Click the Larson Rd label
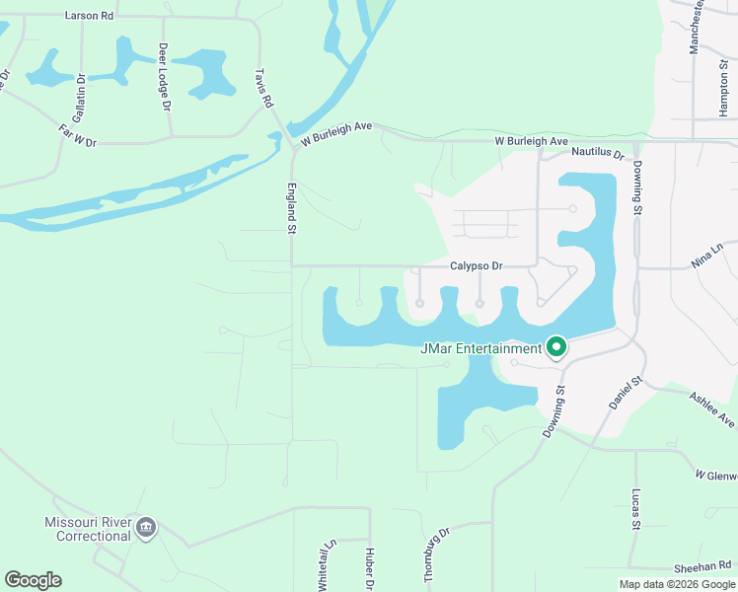pos(89,16)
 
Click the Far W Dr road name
pos(78,135)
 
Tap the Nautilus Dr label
pos(598,155)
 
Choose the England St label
pos(292,207)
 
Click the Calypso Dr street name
pos(477,265)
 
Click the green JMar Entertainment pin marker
pos(556,347)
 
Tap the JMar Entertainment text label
pos(481,348)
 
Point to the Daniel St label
pos(626,393)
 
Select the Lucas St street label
pos(636,508)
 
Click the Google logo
pos(33,580)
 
